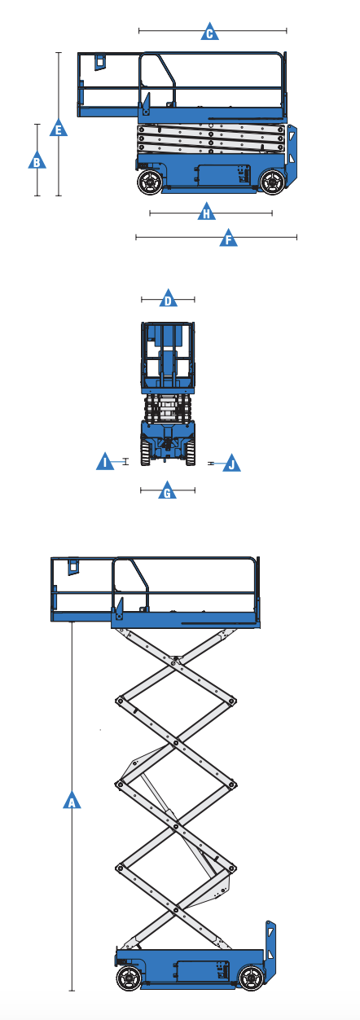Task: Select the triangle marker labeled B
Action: (36, 160)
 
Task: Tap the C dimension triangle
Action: (209, 33)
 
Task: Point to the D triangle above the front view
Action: (168, 299)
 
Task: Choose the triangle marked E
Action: (58, 128)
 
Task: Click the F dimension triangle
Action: (229, 239)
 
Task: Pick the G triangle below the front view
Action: (167, 491)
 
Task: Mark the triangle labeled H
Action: (207, 213)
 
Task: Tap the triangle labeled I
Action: (105, 463)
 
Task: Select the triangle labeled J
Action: (231, 464)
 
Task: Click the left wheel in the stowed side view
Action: (150, 182)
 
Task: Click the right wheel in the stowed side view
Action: (273, 181)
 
